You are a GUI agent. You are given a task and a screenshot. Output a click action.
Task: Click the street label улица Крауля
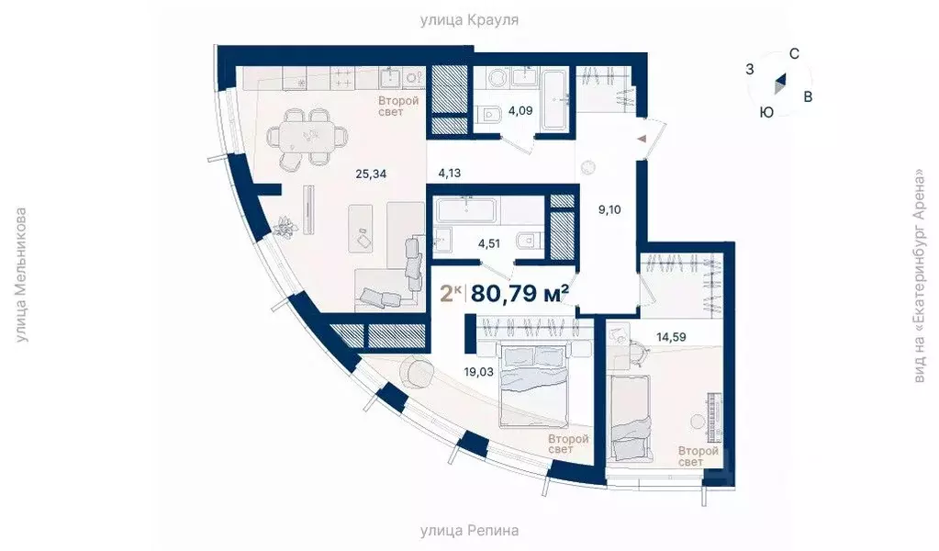pyautogui.click(x=469, y=20)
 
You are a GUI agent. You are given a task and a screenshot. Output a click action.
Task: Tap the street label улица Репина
pyautogui.click(x=469, y=531)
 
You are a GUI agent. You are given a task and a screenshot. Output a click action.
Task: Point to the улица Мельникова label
pyautogui.click(x=21, y=275)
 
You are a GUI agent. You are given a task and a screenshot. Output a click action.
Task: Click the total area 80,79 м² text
pyautogui.click(x=520, y=294)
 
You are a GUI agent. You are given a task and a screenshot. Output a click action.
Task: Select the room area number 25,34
pyautogui.click(x=371, y=174)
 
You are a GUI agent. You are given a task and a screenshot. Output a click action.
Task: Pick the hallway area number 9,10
pyautogui.click(x=609, y=209)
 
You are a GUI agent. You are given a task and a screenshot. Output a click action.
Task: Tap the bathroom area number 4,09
pyautogui.click(x=520, y=111)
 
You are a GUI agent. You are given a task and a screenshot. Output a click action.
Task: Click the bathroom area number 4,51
pyautogui.click(x=488, y=243)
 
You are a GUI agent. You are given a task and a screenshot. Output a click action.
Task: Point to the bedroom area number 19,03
pyautogui.click(x=478, y=372)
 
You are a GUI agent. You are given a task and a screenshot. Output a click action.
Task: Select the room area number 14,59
pyautogui.click(x=671, y=337)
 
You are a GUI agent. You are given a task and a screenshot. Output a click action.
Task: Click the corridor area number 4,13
pyautogui.click(x=449, y=173)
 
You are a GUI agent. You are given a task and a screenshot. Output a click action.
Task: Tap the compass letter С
pyautogui.click(x=794, y=54)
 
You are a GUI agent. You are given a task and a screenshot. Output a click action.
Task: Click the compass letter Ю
pyautogui.click(x=766, y=113)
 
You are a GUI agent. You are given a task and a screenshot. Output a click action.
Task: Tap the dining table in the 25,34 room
pyautogui.click(x=307, y=137)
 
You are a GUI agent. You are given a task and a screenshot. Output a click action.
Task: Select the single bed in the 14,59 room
pyautogui.click(x=630, y=418)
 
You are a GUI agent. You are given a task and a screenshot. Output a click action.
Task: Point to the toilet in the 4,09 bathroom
pyautogui.click(x=490, y=114)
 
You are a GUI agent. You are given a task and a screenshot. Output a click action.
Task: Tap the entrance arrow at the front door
pyautogui.click(x=642, y=139)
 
